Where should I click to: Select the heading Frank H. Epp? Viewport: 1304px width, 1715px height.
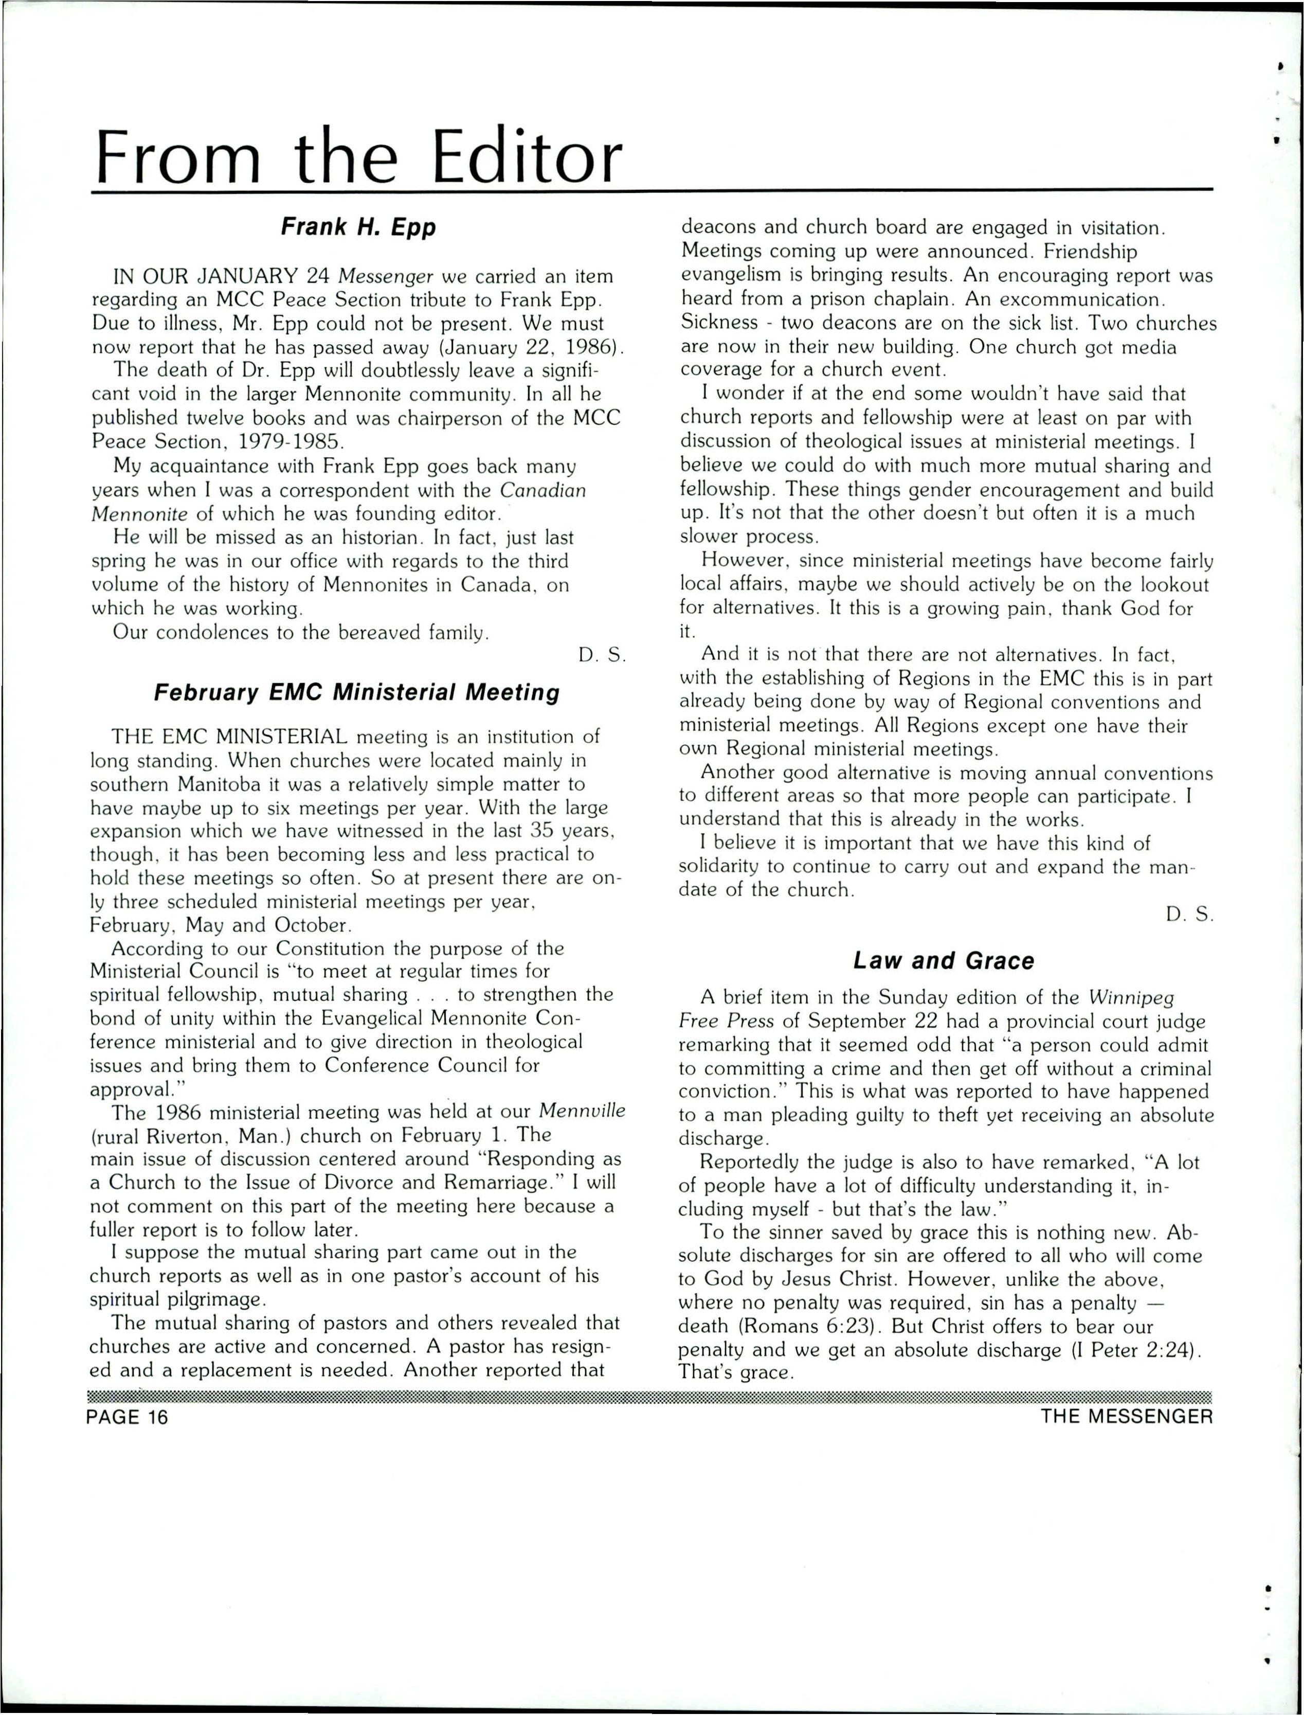358,227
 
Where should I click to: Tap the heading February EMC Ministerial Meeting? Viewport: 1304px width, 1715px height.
356,692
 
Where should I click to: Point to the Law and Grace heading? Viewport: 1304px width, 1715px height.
944,961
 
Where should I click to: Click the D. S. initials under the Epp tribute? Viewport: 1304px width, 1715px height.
602,655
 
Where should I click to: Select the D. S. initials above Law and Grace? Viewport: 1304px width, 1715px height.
1188,916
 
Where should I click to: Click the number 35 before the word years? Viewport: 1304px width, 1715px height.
542,831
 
